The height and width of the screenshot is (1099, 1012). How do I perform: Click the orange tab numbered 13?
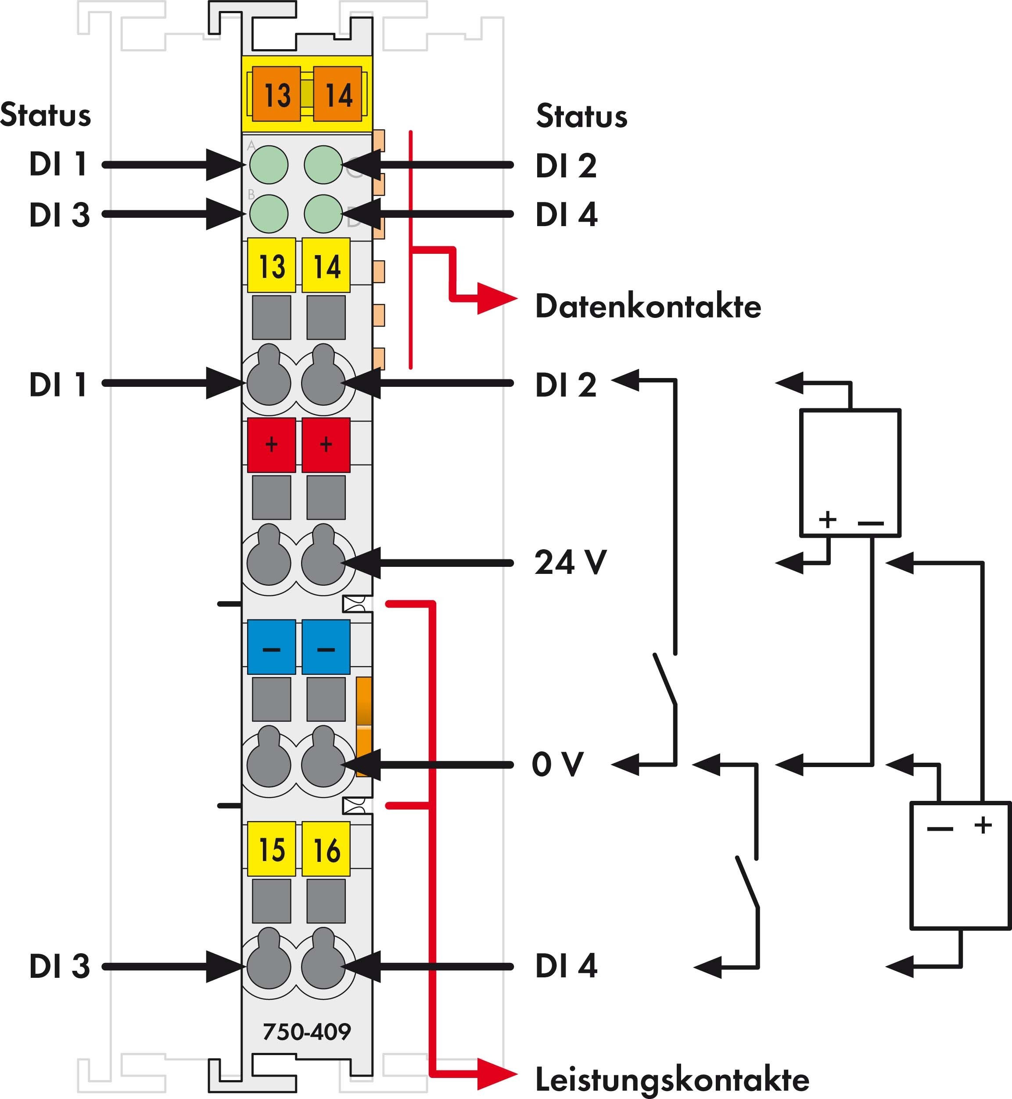click(276, 94)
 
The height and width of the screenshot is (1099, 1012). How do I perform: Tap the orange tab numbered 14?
click(338, 94)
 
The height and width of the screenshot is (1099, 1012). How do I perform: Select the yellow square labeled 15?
click(272, 849)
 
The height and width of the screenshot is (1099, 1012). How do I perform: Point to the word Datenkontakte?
click(648, 306)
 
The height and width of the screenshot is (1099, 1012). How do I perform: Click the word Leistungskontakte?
click(672, 1079)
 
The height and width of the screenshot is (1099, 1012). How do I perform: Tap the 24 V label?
click(570, 562)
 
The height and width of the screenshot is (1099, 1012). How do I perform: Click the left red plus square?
click(272, 445)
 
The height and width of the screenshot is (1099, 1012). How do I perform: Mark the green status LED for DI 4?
click(323, 214)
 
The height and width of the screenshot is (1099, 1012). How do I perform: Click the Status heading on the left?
click(46, 115)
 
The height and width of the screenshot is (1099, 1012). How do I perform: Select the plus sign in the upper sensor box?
click(827, 519)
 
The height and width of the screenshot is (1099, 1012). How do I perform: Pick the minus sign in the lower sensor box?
click(940, 829)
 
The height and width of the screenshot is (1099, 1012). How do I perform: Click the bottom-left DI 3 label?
click(59, 966)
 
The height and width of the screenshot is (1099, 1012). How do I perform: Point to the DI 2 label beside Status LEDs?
click(566, 166)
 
